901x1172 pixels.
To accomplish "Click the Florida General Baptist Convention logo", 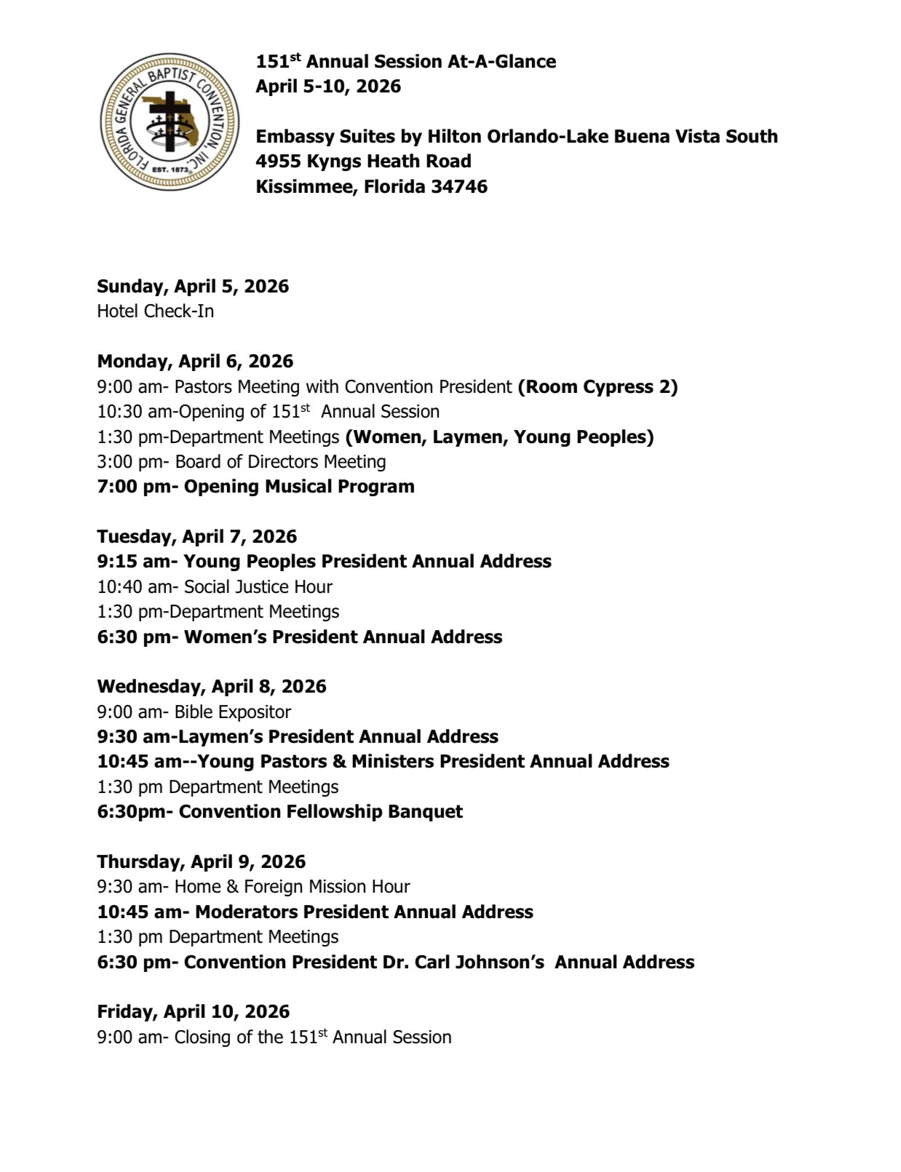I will click(170, 121).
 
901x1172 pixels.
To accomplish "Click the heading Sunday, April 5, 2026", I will click(193, 286).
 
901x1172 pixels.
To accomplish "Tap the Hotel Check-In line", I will click(155, 311).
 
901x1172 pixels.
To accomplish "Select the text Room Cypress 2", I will click(598, 386).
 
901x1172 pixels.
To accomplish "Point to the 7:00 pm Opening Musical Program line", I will click(255, 487).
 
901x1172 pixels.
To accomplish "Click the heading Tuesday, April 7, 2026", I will click(197, 536).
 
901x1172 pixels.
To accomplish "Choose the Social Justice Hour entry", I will click(215, 586).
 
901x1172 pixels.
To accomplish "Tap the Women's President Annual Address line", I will click(299, 637).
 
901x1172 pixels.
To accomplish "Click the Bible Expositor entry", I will click(194, 711).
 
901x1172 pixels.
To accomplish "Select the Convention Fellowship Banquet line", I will click(279, 811).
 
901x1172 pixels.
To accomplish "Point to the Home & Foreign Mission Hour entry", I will click(253, 886).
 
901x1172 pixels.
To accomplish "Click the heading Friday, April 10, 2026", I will click(193, 1011).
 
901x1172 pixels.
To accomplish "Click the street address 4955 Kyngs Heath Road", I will click(363, 161).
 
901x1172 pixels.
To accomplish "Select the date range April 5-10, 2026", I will click(328, 86).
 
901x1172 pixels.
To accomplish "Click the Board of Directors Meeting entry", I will click(242, 461).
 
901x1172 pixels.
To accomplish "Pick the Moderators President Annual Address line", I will click(315, 912).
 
